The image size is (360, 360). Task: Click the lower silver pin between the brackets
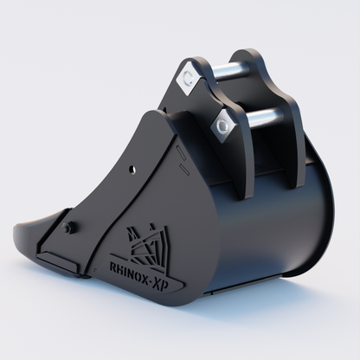click(x=260, y=118)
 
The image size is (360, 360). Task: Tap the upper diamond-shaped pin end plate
click(x=186, y=80)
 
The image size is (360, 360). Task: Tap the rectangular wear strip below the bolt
click(x=61, y=259)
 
